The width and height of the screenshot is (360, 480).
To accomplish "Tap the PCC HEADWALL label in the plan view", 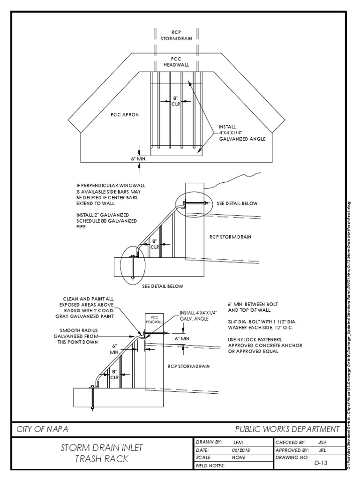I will [x=176, y=62].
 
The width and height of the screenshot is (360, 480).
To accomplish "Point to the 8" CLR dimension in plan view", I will [x=176, y=101].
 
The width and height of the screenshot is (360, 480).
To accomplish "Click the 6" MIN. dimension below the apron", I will [x=140, y=158].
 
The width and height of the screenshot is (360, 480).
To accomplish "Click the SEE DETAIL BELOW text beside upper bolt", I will [x=237, y=204].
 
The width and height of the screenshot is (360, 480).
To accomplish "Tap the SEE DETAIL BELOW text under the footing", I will [x=163, y=286].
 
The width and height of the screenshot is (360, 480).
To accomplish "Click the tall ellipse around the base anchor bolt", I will [x=133, y=262].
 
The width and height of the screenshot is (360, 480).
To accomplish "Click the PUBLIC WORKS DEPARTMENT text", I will [x=287, y=429].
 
